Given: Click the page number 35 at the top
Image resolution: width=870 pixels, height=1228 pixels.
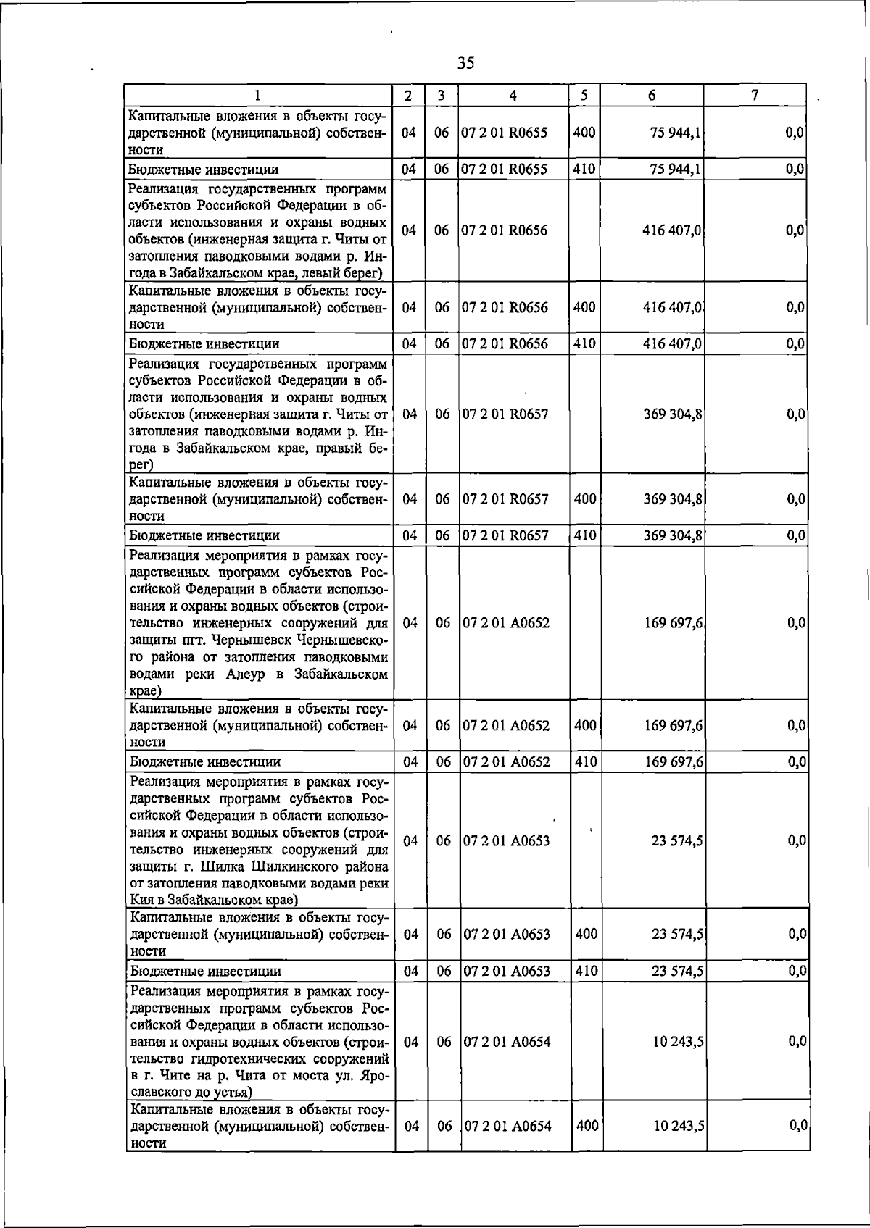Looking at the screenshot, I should (x=466, y=63).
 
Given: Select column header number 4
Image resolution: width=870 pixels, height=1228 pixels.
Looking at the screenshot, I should (x=513, y=96).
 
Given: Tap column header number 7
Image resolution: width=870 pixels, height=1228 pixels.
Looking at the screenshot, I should (x=755, y=96).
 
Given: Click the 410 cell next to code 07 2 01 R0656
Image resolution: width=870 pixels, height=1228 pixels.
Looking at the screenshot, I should (x=584, y=343).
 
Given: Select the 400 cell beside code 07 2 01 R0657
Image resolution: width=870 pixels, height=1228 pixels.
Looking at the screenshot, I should (x=584, y=499).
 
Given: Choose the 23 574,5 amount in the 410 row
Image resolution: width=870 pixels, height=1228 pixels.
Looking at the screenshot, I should (x=676, y=972).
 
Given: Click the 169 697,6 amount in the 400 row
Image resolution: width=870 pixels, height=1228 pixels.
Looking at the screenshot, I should (x=672, y=725).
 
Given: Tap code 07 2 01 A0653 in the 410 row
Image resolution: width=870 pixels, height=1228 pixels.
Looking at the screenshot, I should (x=506, y=972).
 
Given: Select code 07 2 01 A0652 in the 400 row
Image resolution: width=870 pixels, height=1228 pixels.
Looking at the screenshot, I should (x=506, y=725).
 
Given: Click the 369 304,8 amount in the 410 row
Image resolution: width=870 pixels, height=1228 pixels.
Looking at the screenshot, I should (x=672, y=536).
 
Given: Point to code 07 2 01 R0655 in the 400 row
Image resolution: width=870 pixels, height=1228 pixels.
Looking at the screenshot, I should (x=505, y=133).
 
